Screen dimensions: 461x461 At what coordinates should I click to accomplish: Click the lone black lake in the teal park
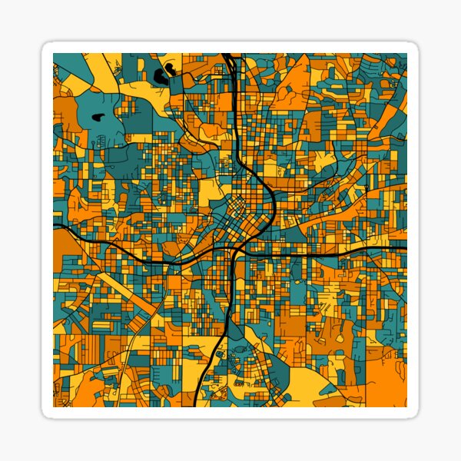coord(98,118)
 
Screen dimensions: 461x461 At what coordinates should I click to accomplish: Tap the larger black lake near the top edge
coord(163,76)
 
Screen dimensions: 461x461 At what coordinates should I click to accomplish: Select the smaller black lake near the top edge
coord(171,67)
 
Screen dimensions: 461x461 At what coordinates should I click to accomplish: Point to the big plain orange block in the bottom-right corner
coord(385,380)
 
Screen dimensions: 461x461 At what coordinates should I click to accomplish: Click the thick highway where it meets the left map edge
coord(55,227)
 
